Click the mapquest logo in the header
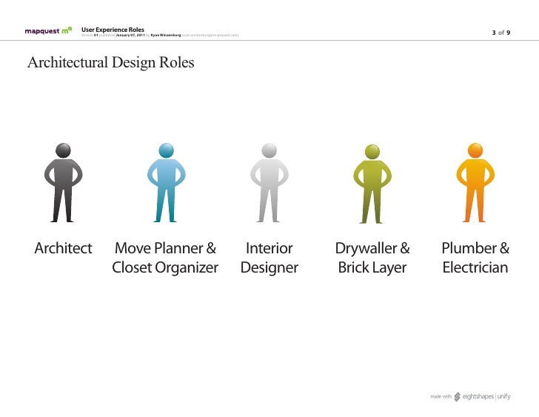click(x=48, y=32)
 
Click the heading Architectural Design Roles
click(x=110, y=63)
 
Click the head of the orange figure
click(x=475, y=150)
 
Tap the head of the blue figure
click(x=166, y=150)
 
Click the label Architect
click(x=63, y=249)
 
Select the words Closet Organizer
click(x=165, y=268)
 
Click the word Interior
click(x=269, y=249)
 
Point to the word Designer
click(x=269, y=268)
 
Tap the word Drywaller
click(x=366, y=249)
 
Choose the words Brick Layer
click(x=372, y=268)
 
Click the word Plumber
click(x=469, y=249)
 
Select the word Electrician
click(x=475, y=268)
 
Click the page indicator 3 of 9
click(x=502, y=33)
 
